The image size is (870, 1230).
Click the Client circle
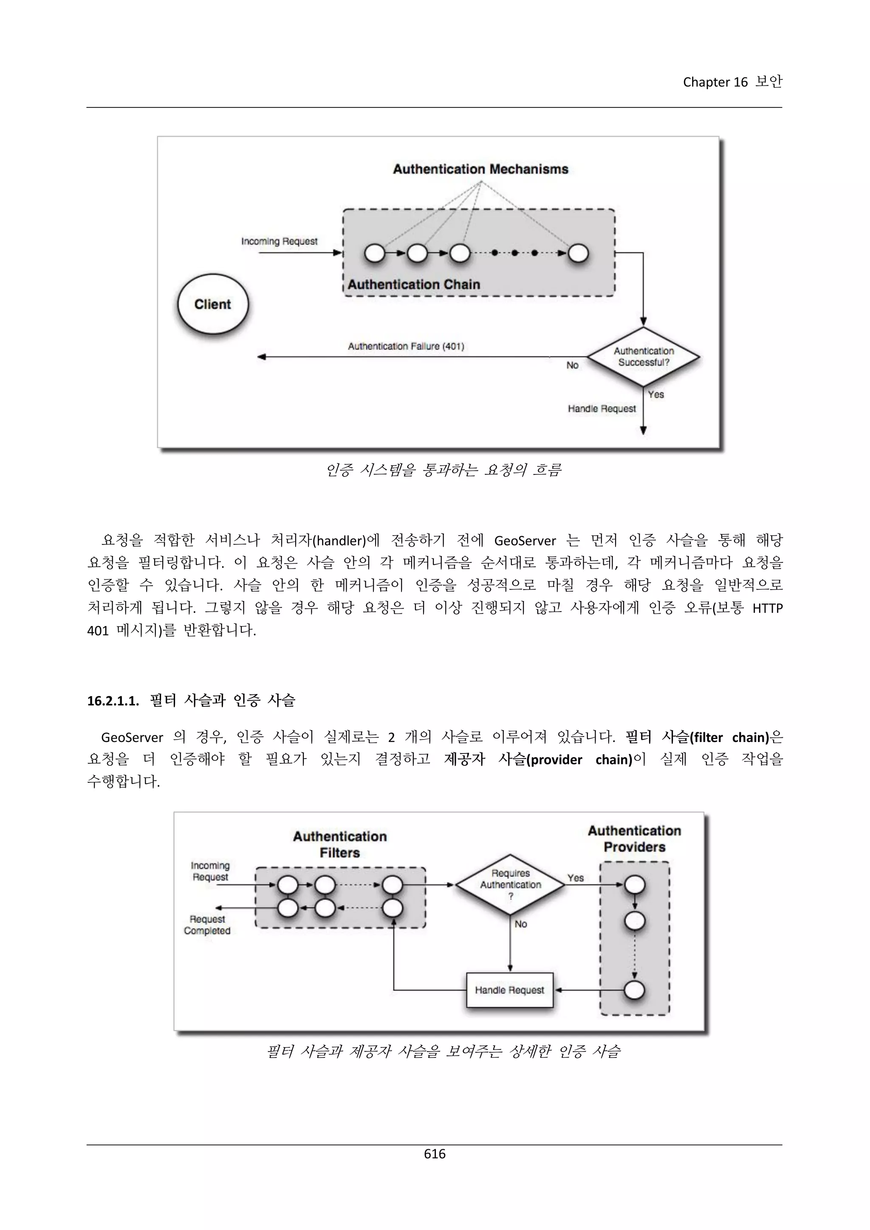[x=213, y=304]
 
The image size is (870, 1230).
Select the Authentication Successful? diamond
[x=644, y=357]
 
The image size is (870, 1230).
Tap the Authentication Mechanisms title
[x=480, y=169]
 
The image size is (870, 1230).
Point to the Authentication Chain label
[x=414, y=285]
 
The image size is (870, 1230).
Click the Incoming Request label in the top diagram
[x=279, y=242]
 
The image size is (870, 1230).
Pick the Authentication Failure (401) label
[x=406, y=347]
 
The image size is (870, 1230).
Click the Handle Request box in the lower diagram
[x=509, y=990]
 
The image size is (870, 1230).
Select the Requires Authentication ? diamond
[x=510, y=884]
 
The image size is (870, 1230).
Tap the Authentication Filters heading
[x=340, y=844]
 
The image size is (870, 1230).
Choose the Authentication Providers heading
[x=634, y=838]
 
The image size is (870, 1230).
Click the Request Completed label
[x=207, y=925]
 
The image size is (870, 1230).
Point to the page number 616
[x=435, y=1154]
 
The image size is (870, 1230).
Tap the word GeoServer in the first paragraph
[x=525, y=541]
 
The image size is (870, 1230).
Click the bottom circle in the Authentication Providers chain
[x=634, y=990]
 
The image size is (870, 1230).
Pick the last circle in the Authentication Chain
[x=578, y=254]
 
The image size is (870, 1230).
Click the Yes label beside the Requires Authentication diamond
[x=575, y=877]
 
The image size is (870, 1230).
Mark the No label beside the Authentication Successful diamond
[x=572, y=365]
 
